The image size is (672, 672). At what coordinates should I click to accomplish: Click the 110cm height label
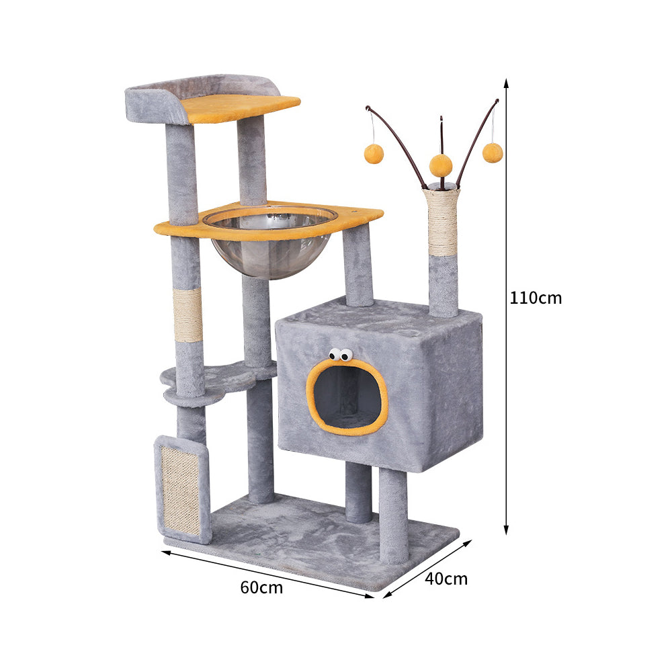pos(536,298)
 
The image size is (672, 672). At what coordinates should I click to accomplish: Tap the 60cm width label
pos(261,587)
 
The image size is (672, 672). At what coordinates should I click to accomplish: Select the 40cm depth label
pos(446,579)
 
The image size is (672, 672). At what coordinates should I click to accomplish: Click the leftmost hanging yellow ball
pos(374,154)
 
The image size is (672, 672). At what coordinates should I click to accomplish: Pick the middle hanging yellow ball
pos(441,165)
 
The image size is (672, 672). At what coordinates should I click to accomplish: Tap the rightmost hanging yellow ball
pos(493,153)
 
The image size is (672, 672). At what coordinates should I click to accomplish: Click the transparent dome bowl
pos(270,242)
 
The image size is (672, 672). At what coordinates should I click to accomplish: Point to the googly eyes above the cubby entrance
pos(341,354)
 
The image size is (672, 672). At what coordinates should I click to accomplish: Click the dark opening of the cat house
pos(347,396)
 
